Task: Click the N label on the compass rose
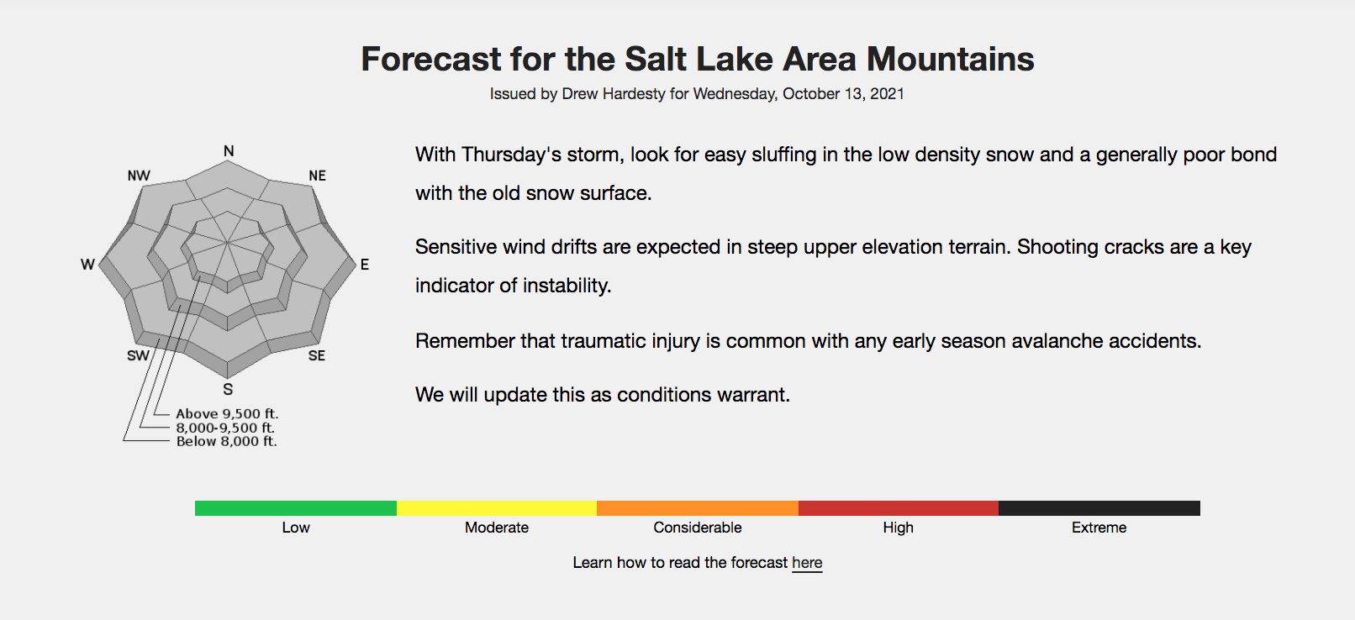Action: click(x=229, y=151)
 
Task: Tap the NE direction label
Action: click(x=317, y=176)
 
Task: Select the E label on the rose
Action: click(x=365, y=265)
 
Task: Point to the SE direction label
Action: click(x=316, y=355)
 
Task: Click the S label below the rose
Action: click(x=228, y=389)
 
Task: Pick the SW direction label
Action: click(x=138, y=355)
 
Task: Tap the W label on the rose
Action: click(x=87, y=265)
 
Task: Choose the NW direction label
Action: click(x=139, y=176)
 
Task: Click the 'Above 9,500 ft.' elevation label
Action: click(x=227, y=414)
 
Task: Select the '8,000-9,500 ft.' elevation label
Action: click(x=225, y=428)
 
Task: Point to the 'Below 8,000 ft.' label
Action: click(x=226, y=441)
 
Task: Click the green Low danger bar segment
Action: click(x=296, y=508)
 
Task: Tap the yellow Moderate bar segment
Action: click(x=497, y=508)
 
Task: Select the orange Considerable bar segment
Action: click(x=698, y=508)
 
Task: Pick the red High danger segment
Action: click(x=899, y=508)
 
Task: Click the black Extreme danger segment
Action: click(x=1099, y=508)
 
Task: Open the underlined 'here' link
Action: click(x=807, y=563)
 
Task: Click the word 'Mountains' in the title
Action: click(x=951, y=59)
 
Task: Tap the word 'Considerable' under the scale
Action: click(x=698, y=528)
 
